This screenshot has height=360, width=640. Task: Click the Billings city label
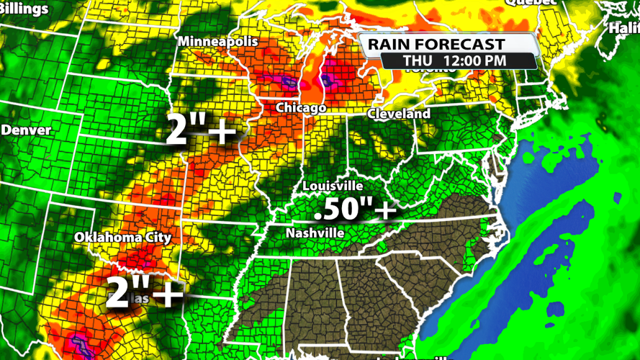coord(25,9)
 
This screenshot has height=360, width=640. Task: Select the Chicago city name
coord(302,107)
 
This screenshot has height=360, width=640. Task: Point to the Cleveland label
coord(399,114)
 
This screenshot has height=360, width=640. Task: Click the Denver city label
coord(27,130)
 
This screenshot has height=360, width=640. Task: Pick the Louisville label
coord(333,186)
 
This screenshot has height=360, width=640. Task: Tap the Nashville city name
coord(315,233)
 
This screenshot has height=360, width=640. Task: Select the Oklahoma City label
coord(122,237)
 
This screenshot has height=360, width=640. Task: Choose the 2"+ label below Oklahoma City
coord(143,292)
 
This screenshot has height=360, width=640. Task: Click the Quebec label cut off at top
coord(531,2)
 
